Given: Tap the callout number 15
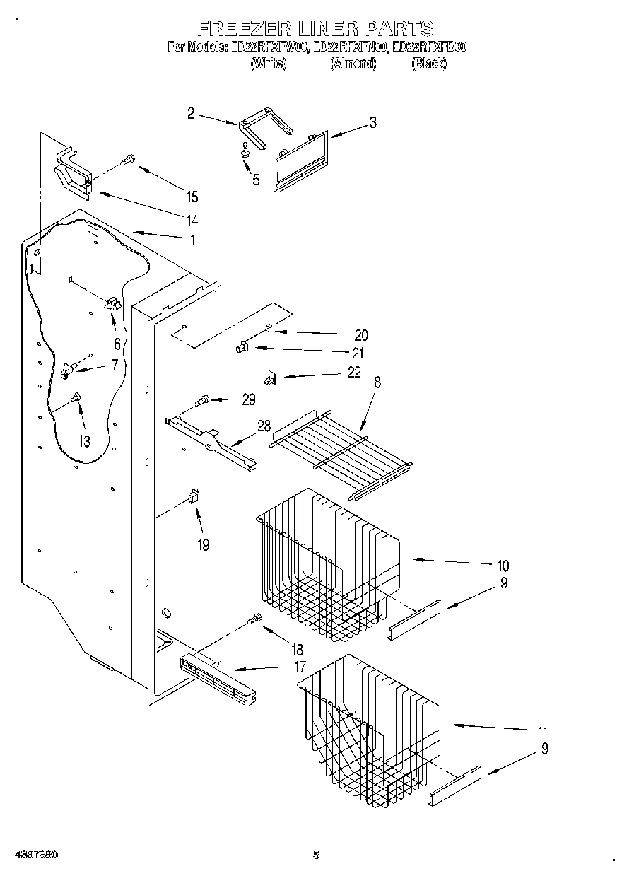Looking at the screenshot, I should click(x=191, y=197).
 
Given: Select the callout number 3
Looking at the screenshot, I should click(x=372, y=122).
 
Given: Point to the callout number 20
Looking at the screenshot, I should click(x=360, y=335).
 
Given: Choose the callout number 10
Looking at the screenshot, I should click(x=503, y=565).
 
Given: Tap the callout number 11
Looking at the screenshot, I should click(x=542, y=731).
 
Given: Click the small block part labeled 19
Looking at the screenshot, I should click(x=192, y=498).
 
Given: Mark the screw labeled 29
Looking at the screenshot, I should click(x=204, y=402).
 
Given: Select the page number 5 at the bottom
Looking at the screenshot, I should click(x=316, y=855).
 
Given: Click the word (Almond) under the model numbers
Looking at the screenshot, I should click(x=353, y=64).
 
